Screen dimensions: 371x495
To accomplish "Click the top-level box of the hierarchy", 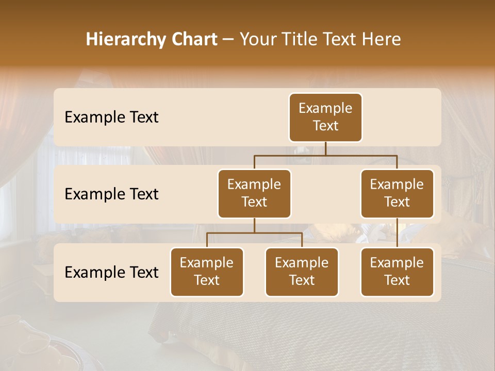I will [325, 117].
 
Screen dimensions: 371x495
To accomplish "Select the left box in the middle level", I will [254, 193].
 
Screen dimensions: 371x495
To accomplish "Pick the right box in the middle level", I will [397, 193].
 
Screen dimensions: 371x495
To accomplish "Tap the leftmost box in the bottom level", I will [207, 272].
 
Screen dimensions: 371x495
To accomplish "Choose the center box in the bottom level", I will [302, 272].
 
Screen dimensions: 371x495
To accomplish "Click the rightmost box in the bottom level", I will [397, 272].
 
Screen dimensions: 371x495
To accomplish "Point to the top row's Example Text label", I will [111, 117].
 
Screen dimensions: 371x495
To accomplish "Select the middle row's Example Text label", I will [111, 194].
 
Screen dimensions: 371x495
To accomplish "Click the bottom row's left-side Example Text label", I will [111, 273].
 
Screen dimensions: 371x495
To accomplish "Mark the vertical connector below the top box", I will [325, 148].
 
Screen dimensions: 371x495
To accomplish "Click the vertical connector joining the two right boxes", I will [397, 232].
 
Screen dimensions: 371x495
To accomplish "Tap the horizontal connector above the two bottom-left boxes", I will [254, 233].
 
